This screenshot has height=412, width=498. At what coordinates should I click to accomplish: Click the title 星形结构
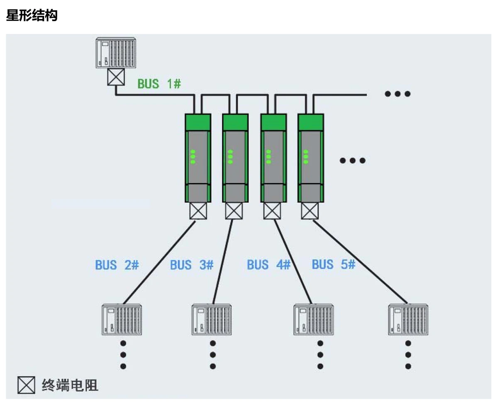pyautogui.click(x=32, y=16)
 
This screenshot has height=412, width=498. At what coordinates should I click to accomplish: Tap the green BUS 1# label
pyautogui.click(x=159, y=84)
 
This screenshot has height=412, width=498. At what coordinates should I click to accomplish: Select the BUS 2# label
pyautogui.click(x=117, y=265)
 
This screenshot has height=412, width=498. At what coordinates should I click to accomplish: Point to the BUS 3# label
pyautogui.click(x=192, y=265)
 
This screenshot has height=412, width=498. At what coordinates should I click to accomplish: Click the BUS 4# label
pyautogui.click(x=269, y=265)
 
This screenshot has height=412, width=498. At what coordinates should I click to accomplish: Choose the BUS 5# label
pyautogui.click(x=333, y=264)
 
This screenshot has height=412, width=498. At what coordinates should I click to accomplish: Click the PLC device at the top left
pyautogui.click(x=116, y=53)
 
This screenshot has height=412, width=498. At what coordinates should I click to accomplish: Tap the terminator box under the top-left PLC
pyautogui.click(x=116, y=77)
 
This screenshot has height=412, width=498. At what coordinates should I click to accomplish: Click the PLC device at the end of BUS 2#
pyautogui.click(x=122, y=320)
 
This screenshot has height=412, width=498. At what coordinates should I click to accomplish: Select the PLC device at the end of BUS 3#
pyautogui.click(x=212, y=320)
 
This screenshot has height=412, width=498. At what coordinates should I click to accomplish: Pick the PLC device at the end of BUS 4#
pyautogui.click(x=314, y=320)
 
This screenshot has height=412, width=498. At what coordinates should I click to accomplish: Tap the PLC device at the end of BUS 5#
pyautogui.click(x=408, y=320)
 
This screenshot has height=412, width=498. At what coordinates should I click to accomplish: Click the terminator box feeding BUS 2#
pyautogui.click(x=198, y=211)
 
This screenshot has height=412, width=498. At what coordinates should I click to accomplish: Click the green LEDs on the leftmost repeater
pyautogui.click(x=193, y=157)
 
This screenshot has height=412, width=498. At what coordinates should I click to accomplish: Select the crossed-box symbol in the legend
pyautogui.click(x=27, y=385)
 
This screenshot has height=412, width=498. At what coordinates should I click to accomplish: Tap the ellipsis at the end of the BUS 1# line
pyautogui.click(x=397, y=94)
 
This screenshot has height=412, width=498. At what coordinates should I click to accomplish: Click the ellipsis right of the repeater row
pyautogui.click(x=352, y=160)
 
